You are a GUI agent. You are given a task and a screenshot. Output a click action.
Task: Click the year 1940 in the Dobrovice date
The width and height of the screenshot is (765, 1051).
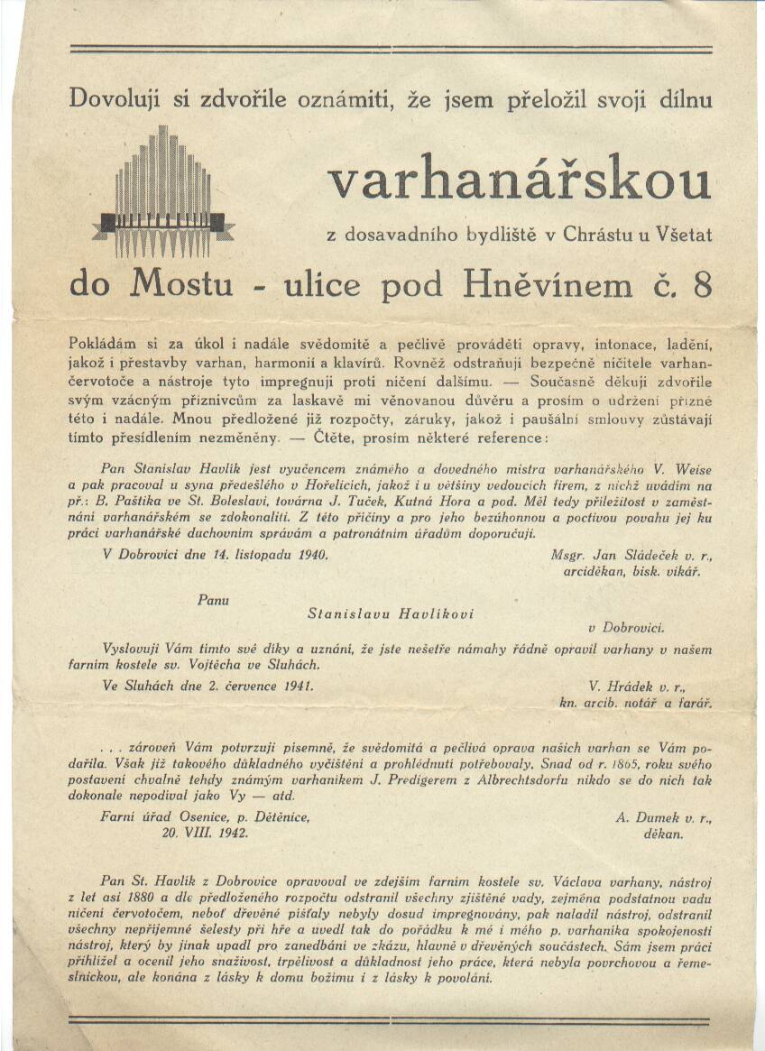coord(309,556)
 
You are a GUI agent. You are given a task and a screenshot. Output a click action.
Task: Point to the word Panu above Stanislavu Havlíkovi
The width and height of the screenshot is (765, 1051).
coord(213,598)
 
